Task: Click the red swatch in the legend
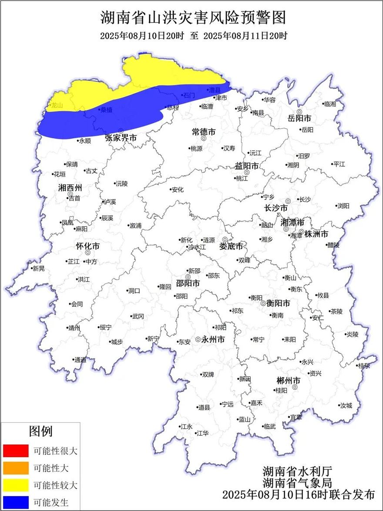pos(15,450)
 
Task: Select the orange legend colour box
pos(15,468)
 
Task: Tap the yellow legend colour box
pos(15,485)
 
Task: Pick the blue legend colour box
pos(15,502)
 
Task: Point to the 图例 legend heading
pos(40,431)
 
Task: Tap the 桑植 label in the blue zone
pos(106,110)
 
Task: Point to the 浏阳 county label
pos(343,206)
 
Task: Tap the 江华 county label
pos(202,433)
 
